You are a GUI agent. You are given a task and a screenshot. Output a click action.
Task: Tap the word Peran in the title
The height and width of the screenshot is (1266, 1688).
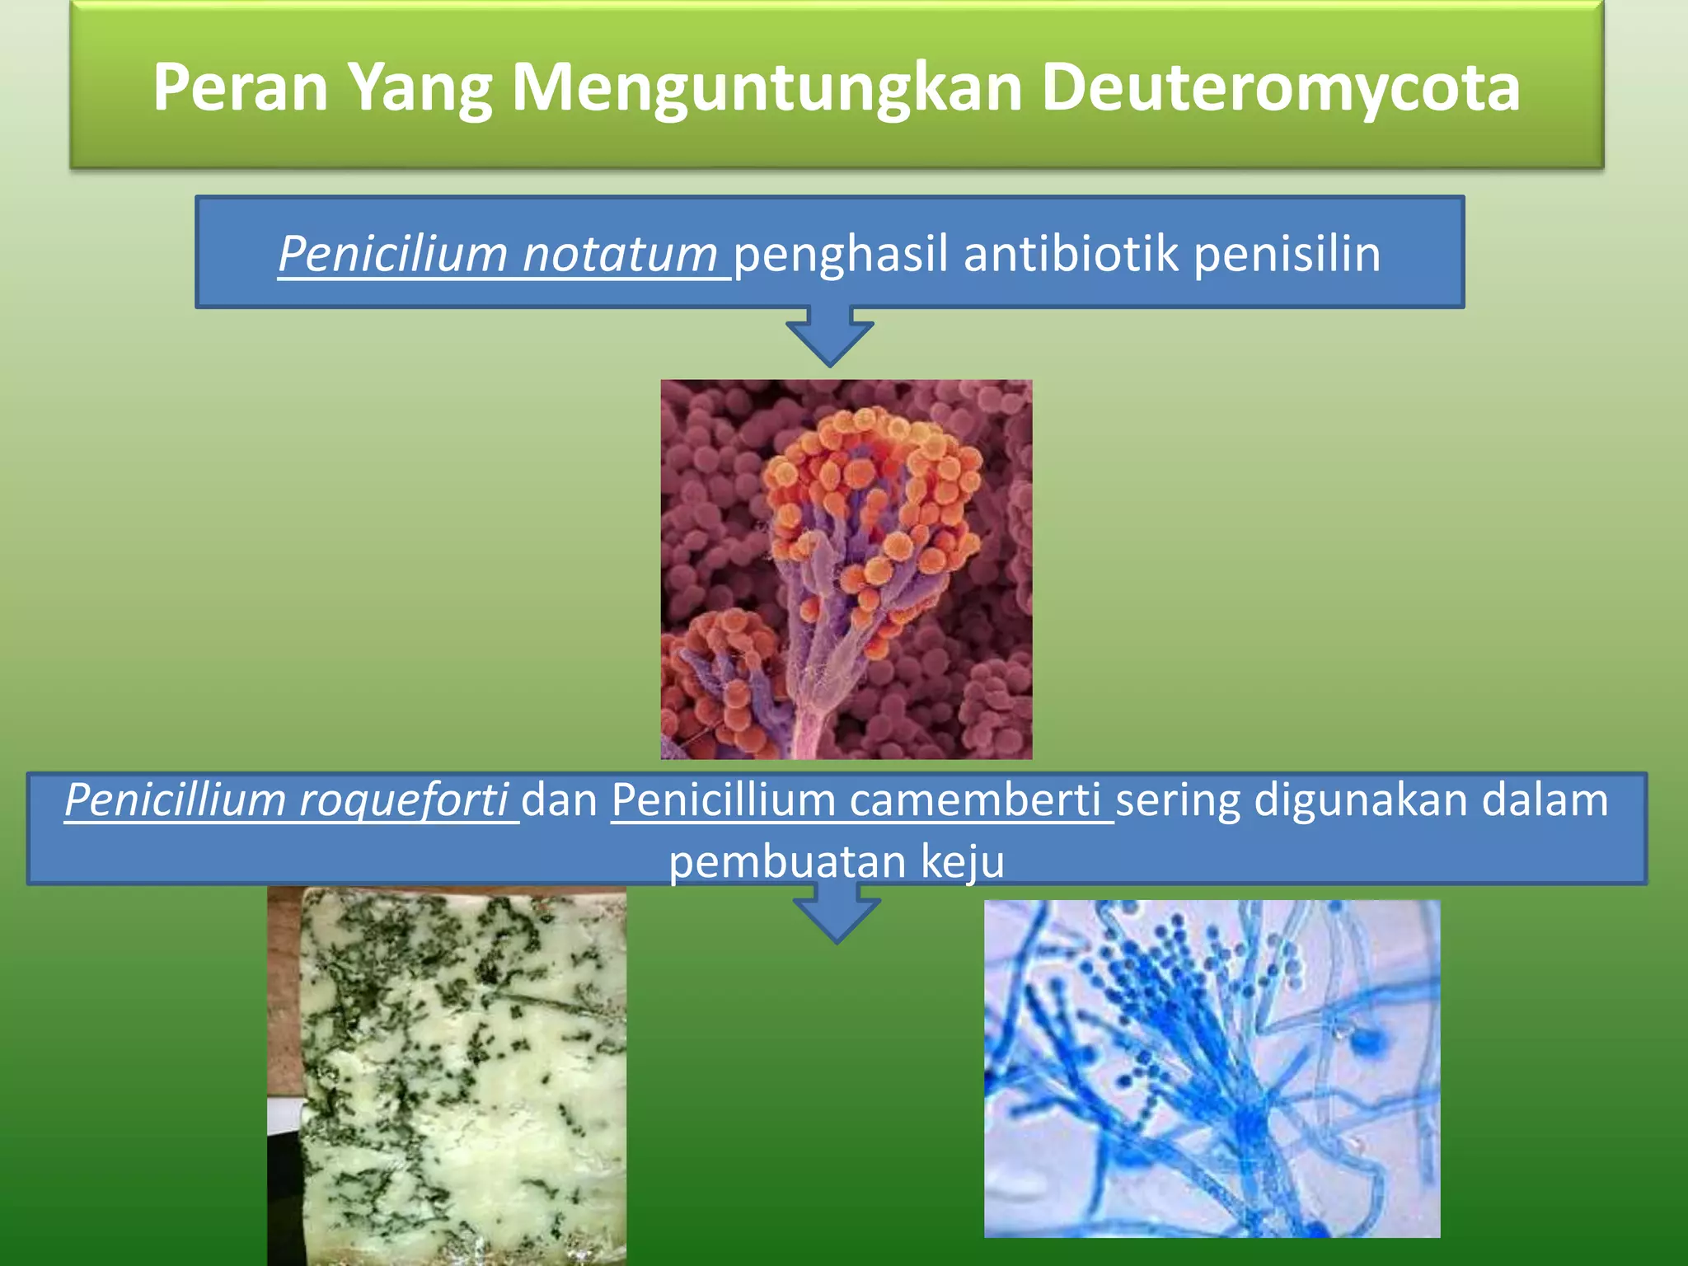click(240, 87)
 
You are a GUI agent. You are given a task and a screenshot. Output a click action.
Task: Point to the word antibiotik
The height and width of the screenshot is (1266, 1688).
click(1071, 253)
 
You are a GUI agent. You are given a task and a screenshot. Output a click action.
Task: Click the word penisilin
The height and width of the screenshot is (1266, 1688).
click(1287, 253)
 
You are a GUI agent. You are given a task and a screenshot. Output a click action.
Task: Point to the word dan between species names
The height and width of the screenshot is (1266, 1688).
click(560, 800)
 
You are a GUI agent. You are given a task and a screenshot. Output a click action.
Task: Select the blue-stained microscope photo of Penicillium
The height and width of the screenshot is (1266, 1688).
click(1212, 1068)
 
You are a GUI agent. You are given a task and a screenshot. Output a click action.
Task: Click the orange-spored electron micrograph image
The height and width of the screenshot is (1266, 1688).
click(846, 569)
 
